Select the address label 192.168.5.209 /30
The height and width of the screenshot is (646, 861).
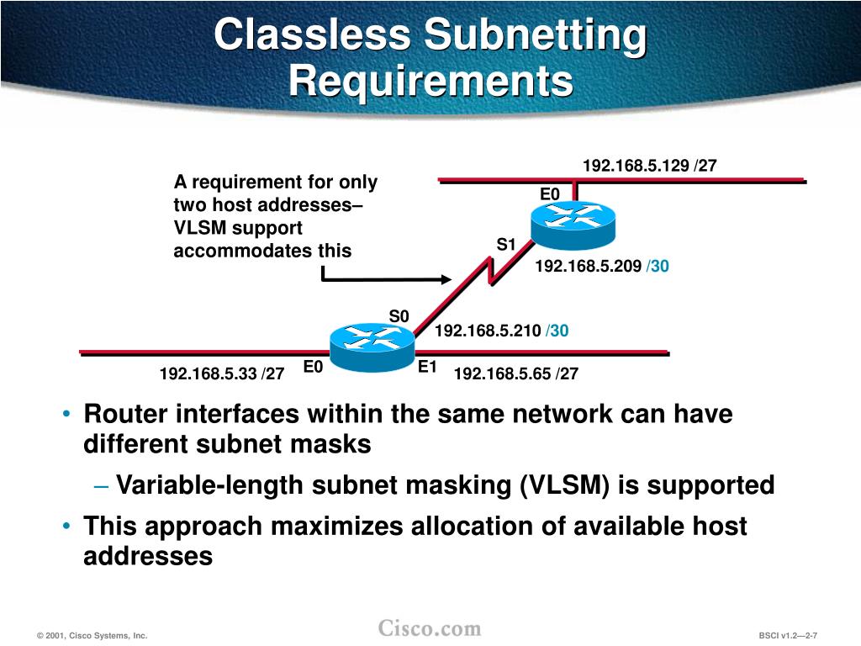pos(602,267)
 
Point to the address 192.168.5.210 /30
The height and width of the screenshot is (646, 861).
pos(501,331)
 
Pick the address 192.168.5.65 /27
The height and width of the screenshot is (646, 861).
pos(516,373)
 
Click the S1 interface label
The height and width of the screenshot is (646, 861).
pos(505,245)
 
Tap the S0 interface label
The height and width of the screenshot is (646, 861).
pos(399,315)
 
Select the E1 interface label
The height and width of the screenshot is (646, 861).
pos(428,367)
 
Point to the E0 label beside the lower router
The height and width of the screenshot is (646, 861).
pos(313,367)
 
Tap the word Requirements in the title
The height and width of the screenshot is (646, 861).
pos(430,82)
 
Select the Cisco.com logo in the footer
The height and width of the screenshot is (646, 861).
pos(430,628)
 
